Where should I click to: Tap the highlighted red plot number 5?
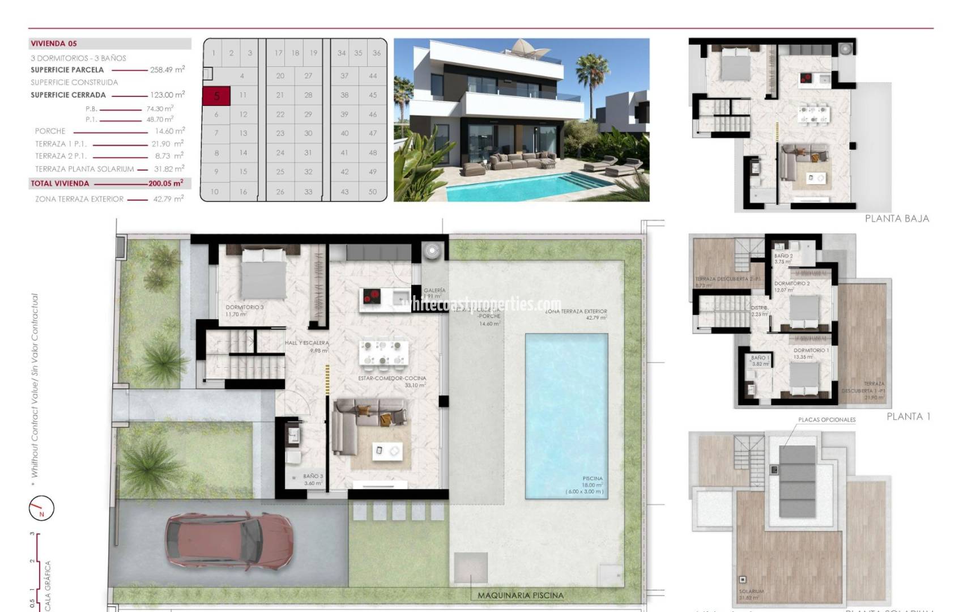coord(216,96)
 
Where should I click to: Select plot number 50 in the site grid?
coord(372,192)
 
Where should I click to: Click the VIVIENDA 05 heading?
coord(54,44)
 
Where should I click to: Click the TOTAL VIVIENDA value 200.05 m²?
coord(165,184)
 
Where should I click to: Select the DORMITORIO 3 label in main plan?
coord(245,308)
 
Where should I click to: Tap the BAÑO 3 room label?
coord(313,477)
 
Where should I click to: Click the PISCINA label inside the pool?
coord(593,478)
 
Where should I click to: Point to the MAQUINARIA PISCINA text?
coord(520,596)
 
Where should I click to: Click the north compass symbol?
coord(41,508)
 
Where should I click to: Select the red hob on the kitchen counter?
coord(372,296)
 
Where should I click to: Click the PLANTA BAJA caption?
coord(897,219)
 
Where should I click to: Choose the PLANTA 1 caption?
coord(908,416)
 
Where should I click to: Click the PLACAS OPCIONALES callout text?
coord(826,420)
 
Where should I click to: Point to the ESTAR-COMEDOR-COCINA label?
coord(392,378)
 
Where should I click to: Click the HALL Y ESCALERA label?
coord(306,343)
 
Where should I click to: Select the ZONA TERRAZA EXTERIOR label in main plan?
coord(576,311)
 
